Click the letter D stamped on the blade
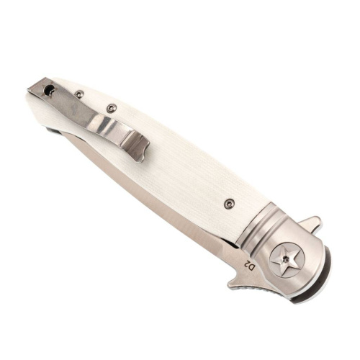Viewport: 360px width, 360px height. (251, 267)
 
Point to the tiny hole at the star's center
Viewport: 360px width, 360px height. (286, 258)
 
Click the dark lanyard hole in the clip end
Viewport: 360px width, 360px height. (50, 91)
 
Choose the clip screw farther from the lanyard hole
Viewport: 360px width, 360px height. (111, 108)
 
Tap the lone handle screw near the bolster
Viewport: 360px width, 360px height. (228, 204)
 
